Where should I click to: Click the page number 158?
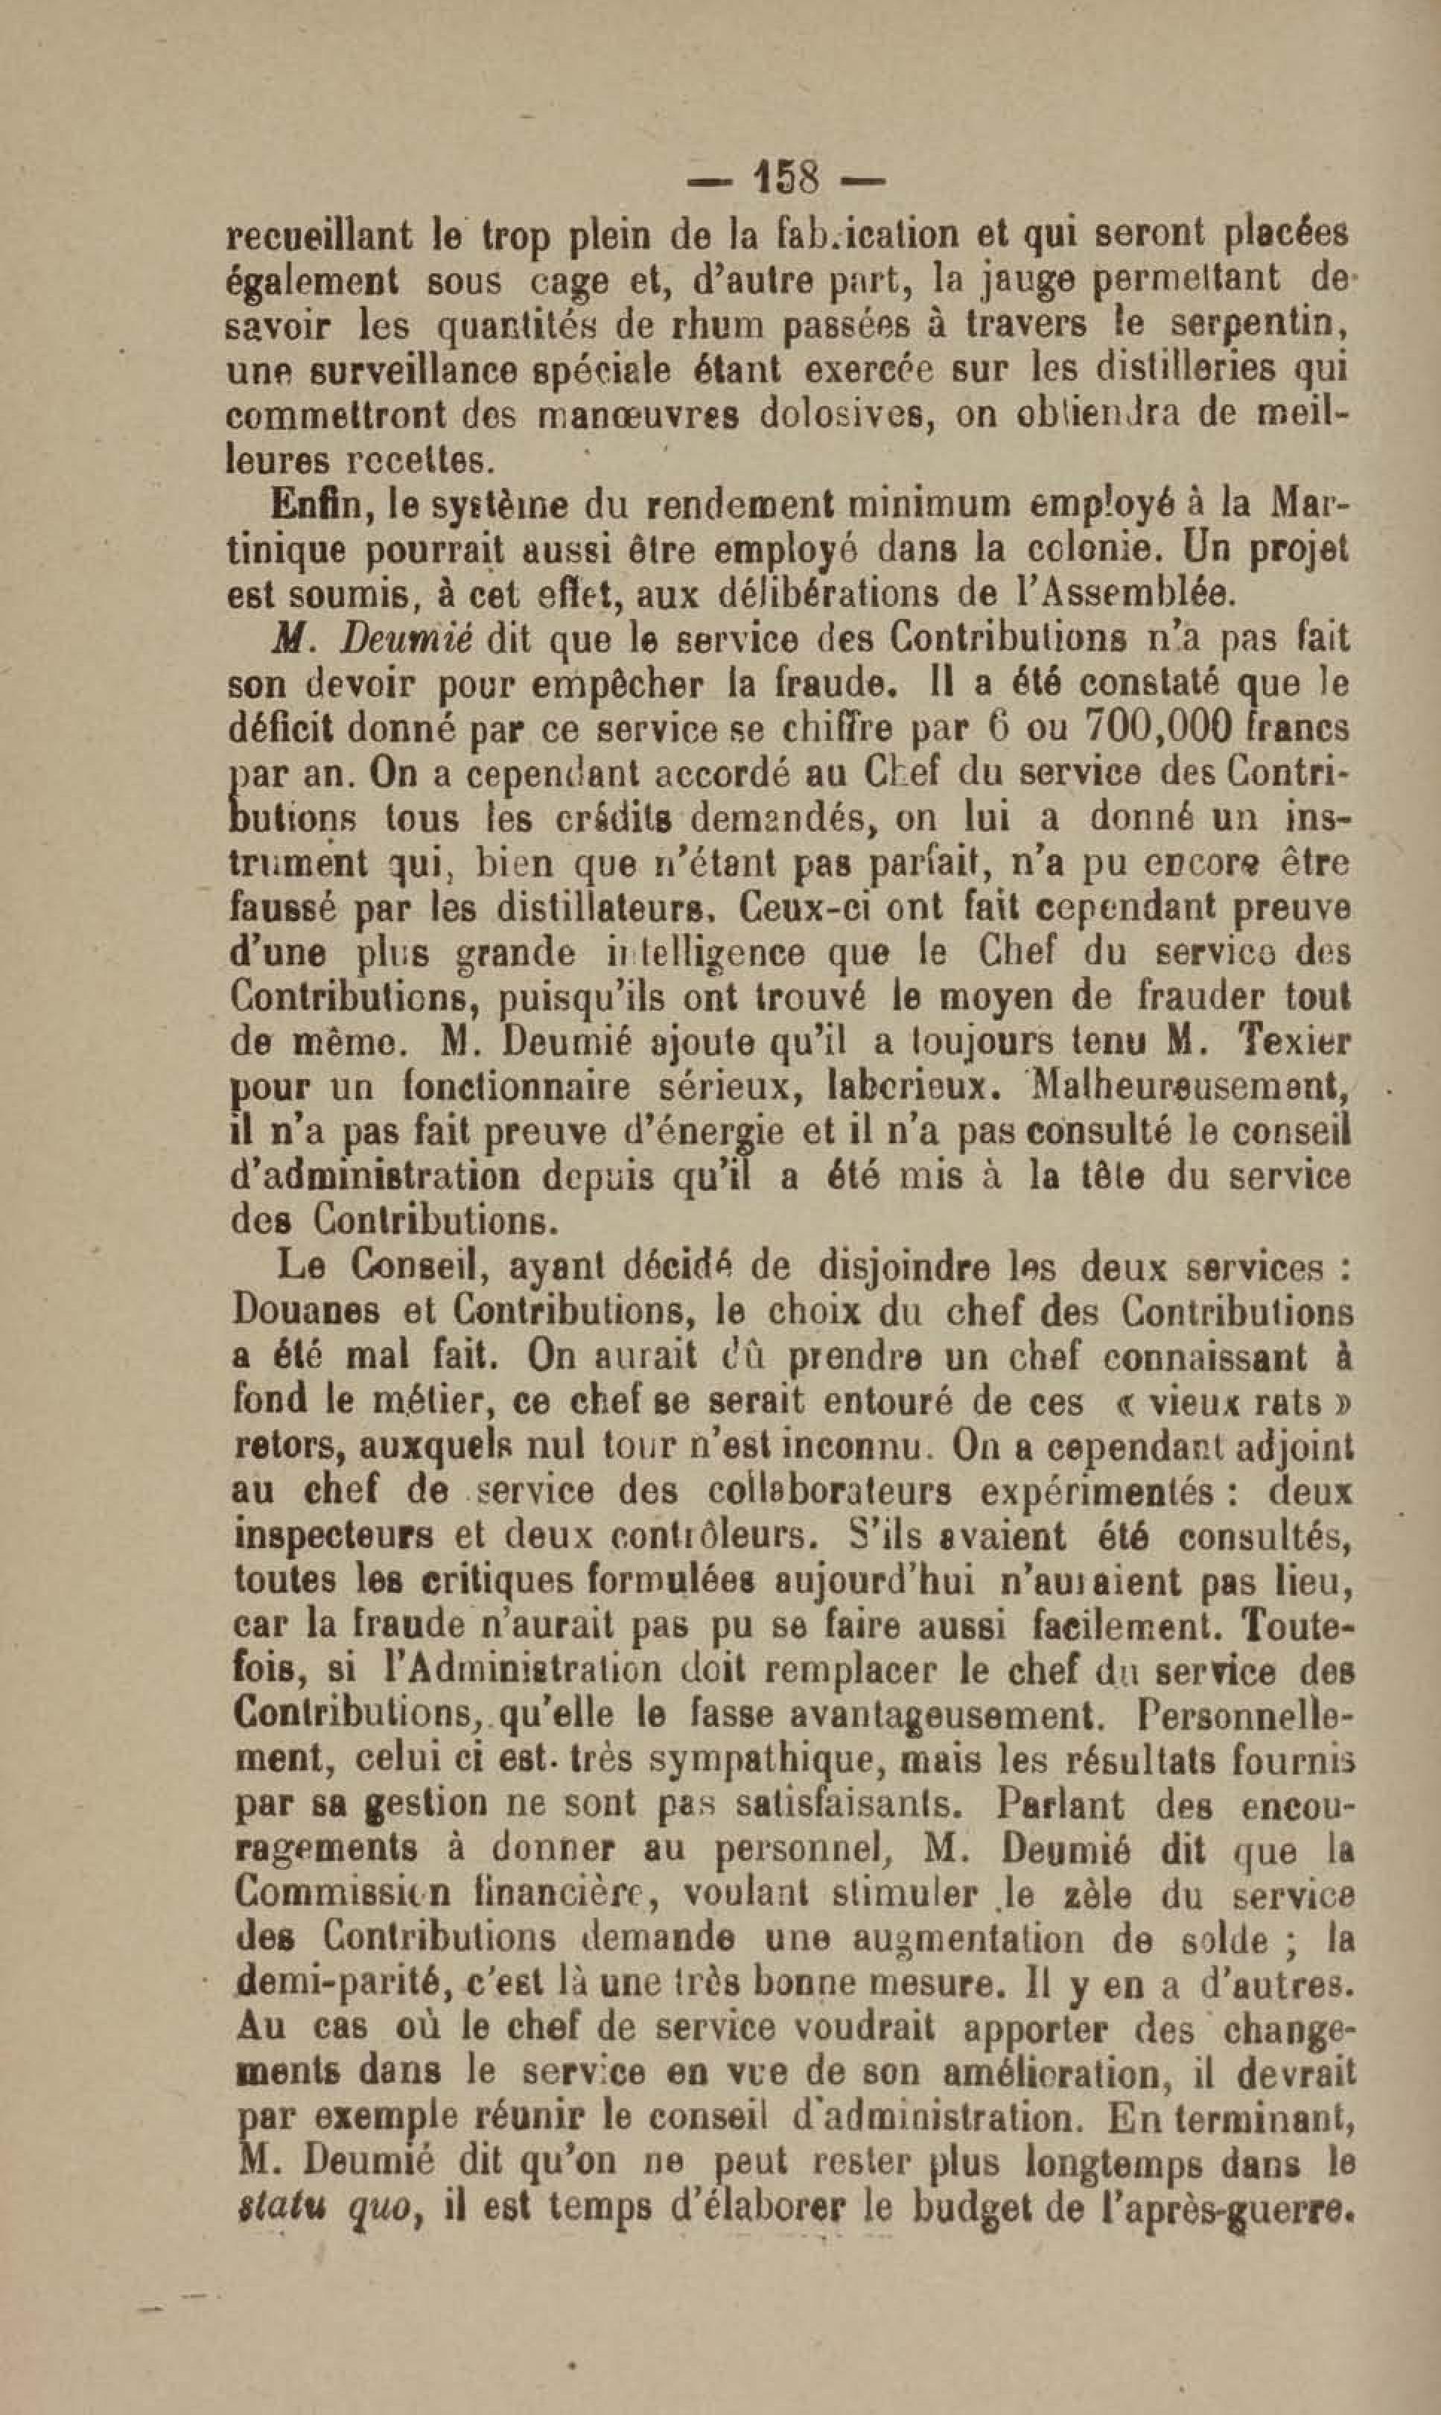785,179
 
